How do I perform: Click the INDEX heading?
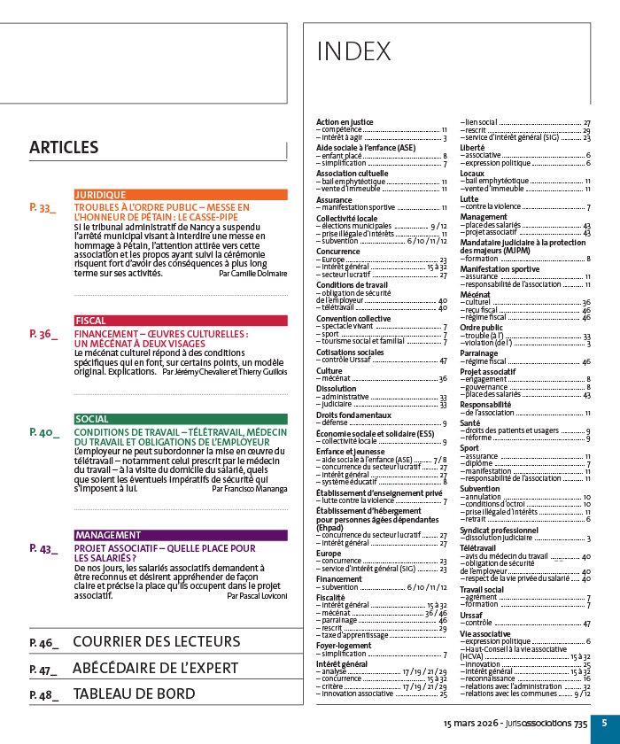pyautogui.click(x=353, y=52)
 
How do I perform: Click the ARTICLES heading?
pyautogui.click(x=63, y=148)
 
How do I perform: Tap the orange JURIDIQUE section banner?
pyautogui.click(x=181, y=194)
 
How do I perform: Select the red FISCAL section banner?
pyautogui.click(x=181, y=321)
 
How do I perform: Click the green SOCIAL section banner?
pyautogui.click(x=181, y=419)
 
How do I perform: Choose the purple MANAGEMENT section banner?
pyautogui.click(x=181, y=535)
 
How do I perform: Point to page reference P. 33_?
pyautogui.click(x=43, y=207)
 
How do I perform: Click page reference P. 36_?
pyautogui.click(x=43, y=334)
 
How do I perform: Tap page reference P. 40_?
pyautogui.click(x=43, y=432)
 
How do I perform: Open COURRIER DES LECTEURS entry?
pyautogui.click(x=156, y=641)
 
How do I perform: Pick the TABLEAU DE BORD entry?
pyautogui.click(x=134, y=694)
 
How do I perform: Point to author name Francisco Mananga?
pyautogui.click(x=250, y=488)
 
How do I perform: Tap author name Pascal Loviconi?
pyautogui.click(x=257, y=597)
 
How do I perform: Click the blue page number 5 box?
pyautogui.click(x=604, y=723)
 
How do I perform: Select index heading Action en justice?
pyautogui.click(x=345, y=121)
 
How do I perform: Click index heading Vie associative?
pyautogui.click(x=485, y=634)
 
